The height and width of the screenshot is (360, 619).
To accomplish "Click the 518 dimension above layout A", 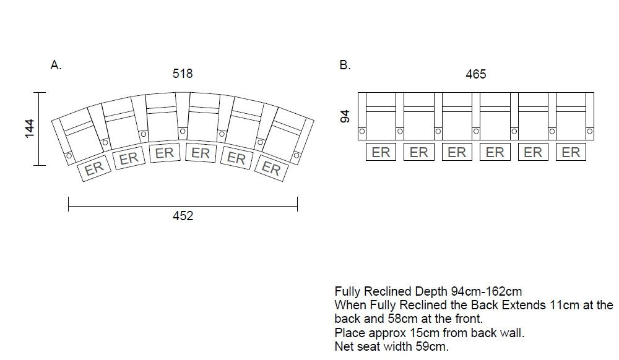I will click(x=183, y=74).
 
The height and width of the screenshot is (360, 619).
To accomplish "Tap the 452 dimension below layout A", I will click(x=183, y=216).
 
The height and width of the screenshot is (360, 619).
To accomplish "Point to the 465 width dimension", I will click(x=475, y=74).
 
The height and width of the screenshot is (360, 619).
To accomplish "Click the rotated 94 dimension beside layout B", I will click(x=345, y=116).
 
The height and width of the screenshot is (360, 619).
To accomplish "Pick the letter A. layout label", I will click(x=56, y=65).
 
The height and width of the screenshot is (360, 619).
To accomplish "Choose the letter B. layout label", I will click(x=345, y=65).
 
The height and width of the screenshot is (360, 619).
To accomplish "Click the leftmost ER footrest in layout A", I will click(x=93, y=168).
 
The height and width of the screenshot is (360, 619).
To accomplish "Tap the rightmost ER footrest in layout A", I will click(x=271, y=168).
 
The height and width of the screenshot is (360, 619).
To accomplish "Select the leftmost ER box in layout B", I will click(x=381, y=152).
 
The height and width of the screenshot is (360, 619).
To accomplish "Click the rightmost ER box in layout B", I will click(x=571, y=152).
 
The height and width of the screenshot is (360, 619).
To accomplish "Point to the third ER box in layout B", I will click(x=457, y=152).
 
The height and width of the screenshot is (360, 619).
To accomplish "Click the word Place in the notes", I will click(x=348, y=333).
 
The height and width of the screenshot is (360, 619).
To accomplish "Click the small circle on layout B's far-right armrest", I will click(x=590, y=131).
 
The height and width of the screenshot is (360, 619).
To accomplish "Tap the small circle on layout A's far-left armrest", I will click(x=69, y=155).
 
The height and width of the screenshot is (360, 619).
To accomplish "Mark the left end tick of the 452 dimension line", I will click(x=68, y=204).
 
